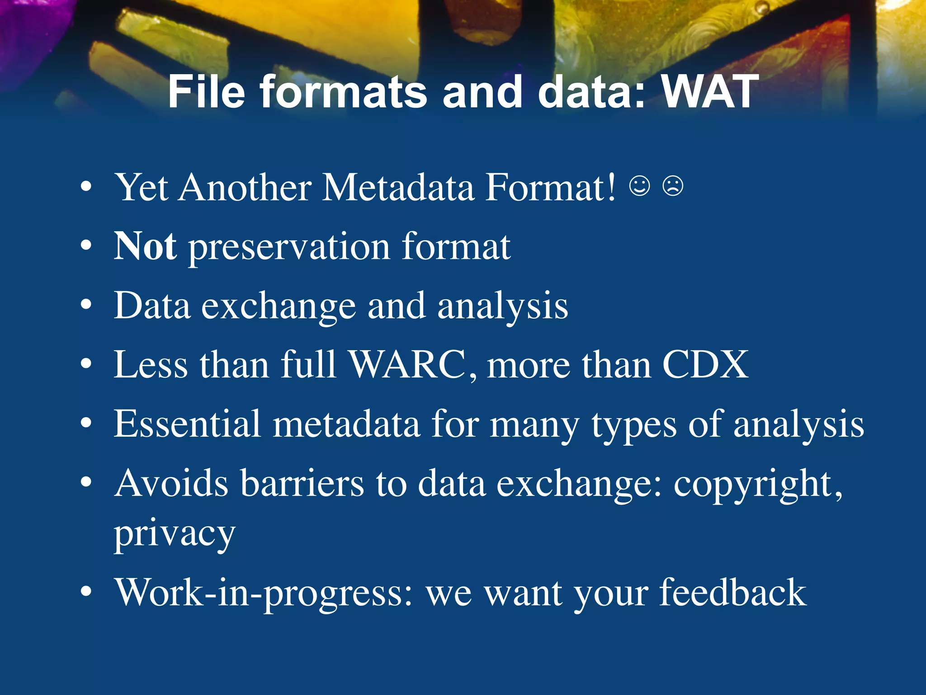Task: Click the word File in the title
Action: click(x=206, y=92)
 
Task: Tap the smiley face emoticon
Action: click(x=640, y=186)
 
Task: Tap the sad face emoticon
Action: click(x=673, y=186)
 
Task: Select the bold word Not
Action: click(x=145, y=246)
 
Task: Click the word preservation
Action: click(x=289, y=248)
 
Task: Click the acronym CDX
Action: click(x=705, y=365)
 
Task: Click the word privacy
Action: click(x=175, y=534)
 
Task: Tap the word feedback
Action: click(x=732, y=593)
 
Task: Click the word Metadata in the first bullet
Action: click(x=398, y=187)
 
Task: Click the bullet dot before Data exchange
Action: click(x=86, y=305)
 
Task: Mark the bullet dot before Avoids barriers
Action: click(x=86, y=482)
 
